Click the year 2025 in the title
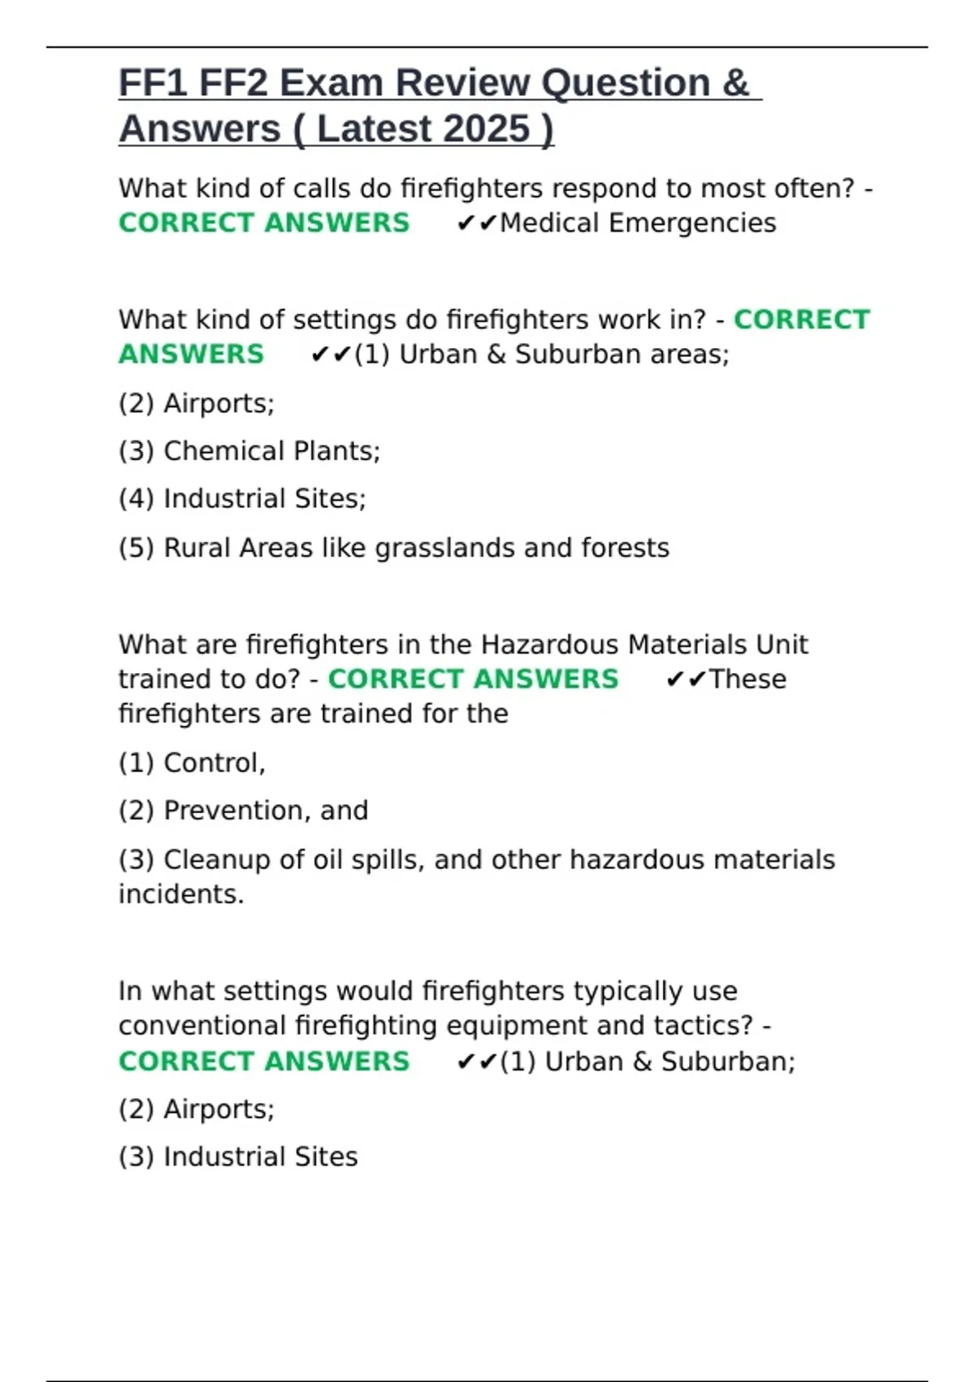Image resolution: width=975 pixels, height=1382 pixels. point(487,128)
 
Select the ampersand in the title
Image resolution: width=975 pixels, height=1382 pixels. point(734,83)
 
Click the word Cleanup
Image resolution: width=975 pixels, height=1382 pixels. point(214,859)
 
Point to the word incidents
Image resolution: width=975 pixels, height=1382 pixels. point(181,894)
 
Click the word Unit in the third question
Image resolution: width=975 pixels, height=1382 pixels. point(782,645)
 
